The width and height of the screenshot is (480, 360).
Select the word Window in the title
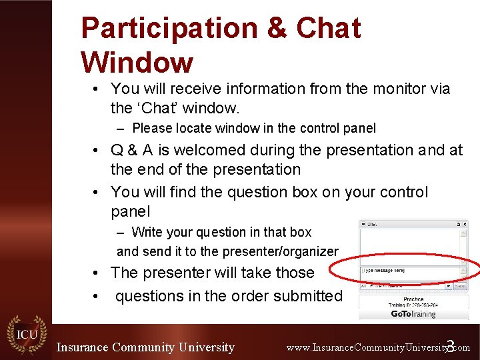pyautogui.click(x=137, y=63)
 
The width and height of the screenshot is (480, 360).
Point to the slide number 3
pyautogui.click(x=450, y=346)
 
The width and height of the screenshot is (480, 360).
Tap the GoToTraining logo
pyautogui.click(x=413, y=313)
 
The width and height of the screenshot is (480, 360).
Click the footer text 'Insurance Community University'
pyautogui.click(x=145, y=347)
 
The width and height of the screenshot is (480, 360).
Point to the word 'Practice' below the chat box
pyautogui.click(x=413, y=299)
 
